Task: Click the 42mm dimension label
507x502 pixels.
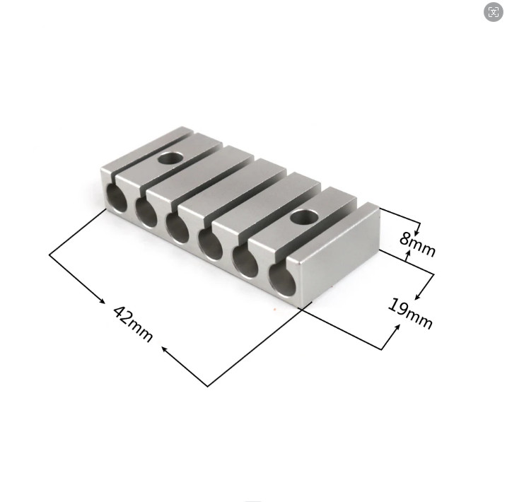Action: pyautogui.click(x=133, y=324)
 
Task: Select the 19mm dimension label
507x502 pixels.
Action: pyautogui.click(x=410, y=313)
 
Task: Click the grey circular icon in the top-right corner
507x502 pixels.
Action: pyautogui.click(x=494, y=12)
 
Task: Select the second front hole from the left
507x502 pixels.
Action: pyautogui.click(x=146, y=211)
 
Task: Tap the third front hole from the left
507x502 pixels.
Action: pyautogui.click(x=177, y=227)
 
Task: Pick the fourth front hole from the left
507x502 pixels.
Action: pyautogui.click(x=209, y=243)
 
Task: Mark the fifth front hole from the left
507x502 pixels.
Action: pyautogui.click(x=245, y=261)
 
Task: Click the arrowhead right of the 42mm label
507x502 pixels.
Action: pyautogui.click(x=165, y=349)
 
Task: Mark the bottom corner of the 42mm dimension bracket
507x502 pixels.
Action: pyautogui.click(x=208, y=386)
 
